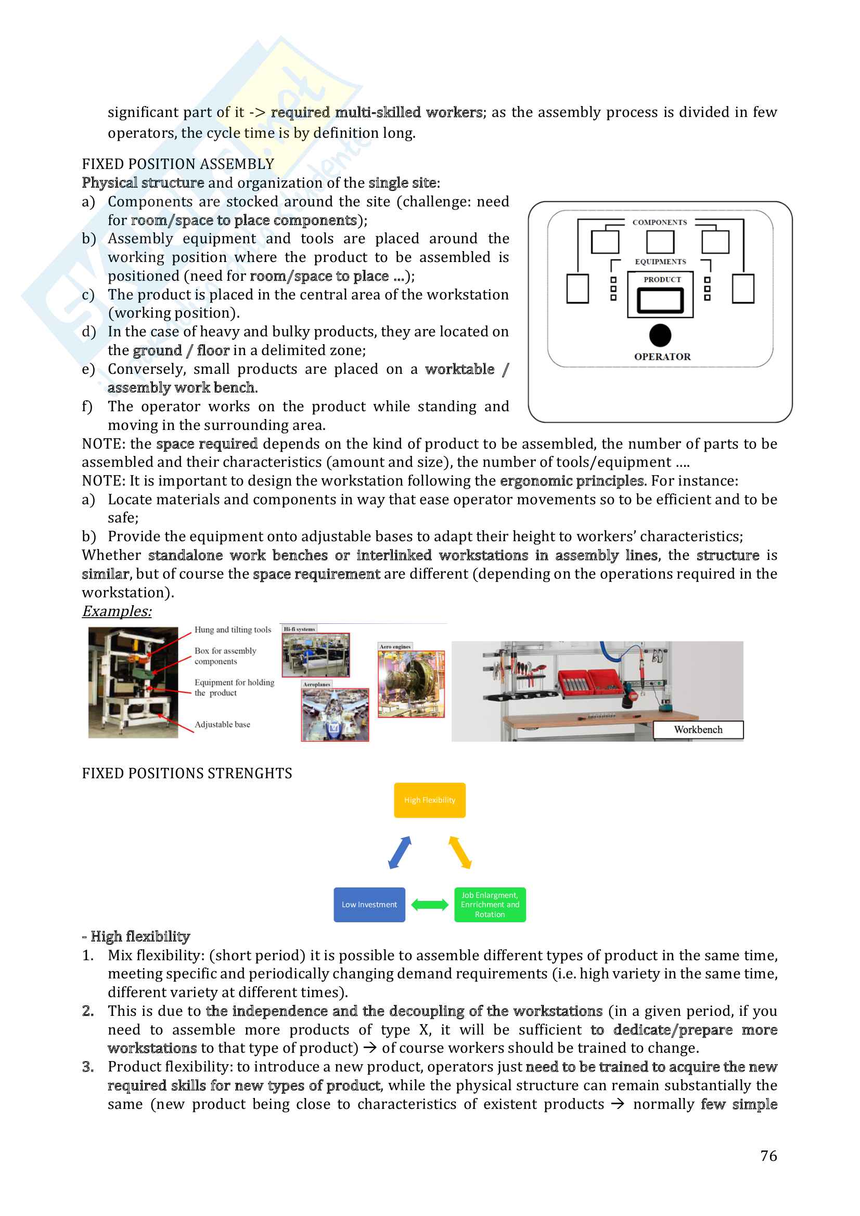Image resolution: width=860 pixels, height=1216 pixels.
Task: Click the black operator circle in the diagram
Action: (660, 335)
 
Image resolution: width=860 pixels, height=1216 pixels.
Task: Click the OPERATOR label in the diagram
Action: (662, 357)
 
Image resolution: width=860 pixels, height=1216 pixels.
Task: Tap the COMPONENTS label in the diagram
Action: (659, 222)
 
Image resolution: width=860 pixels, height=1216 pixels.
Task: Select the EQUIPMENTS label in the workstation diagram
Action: (660, 261)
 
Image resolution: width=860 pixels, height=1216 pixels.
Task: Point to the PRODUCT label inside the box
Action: (662, 279)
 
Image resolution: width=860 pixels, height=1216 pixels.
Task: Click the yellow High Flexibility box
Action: (429, 800)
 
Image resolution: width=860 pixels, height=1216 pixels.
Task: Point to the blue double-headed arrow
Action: (400, 852)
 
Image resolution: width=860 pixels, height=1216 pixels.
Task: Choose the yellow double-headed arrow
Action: (459, 852)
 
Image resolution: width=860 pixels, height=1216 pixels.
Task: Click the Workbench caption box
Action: (698, 729)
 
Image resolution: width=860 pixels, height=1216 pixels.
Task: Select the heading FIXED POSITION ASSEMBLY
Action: (178, 164)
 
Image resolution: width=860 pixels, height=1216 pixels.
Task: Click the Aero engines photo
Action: (410, 684)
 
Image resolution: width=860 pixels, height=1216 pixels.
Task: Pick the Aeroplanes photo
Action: (335, 714)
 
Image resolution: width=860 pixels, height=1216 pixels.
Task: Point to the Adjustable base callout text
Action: (222, 724)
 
